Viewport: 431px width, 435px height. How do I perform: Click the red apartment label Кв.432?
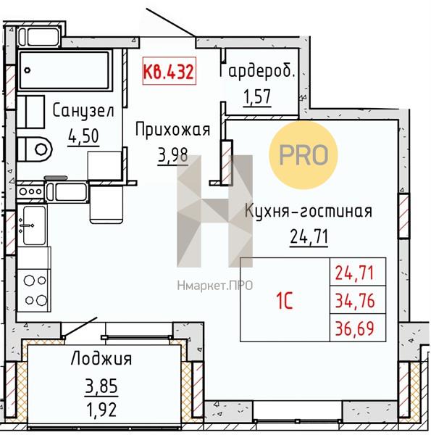click(x=169, y=71)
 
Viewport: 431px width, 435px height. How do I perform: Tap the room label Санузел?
click(x=83, y=111)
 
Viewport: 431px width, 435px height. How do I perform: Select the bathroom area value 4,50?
click(x=83, y=136)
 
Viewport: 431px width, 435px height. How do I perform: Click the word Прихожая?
click(x=172, y=130)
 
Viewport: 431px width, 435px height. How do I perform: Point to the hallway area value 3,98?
click(x=172, y=155)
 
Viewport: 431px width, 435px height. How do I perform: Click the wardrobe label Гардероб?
click(x=257, y=71)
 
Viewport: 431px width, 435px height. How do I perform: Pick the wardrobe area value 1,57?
click(x=257, y=97)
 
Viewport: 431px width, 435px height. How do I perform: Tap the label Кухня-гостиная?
click(x=309, y=211)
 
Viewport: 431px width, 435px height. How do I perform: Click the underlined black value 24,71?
click(x=309, y=237)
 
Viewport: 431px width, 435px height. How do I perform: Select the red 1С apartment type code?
click(x=285, y=302)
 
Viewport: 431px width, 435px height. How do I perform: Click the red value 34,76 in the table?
click(x=355, y=301)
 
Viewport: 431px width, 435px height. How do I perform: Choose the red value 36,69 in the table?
click(x=355, y=328)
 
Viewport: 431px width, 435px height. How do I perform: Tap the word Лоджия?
click(x=101, y=359)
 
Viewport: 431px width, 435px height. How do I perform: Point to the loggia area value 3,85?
click(x=101, y=386)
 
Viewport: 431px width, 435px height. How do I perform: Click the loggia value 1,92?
click(x=101, y=410)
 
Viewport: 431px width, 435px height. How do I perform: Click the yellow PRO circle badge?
click(x=304, y=155)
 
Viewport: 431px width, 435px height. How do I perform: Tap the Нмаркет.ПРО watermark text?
click(x=215, y=286)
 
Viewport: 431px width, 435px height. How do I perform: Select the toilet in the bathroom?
click(x=35, y=149)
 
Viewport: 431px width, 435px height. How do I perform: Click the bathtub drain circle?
click(x=27, y=70)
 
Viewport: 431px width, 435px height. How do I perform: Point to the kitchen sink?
click(x=34, y=225)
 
